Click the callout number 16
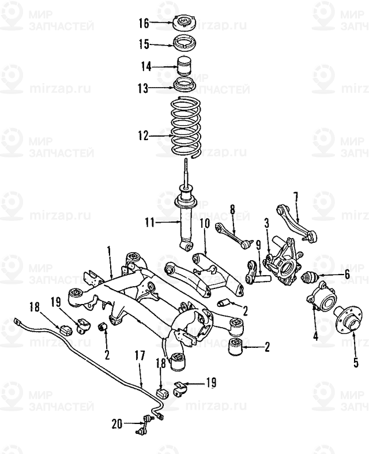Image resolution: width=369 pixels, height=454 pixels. [x=144, y=24]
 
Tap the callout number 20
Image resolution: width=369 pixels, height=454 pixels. [x=116, y=425]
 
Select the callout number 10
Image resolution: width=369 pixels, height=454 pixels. [x=204, y=223]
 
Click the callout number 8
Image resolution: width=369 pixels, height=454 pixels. [x=233, y=209]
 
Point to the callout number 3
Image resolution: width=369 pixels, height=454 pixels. [x=267, y=222]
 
